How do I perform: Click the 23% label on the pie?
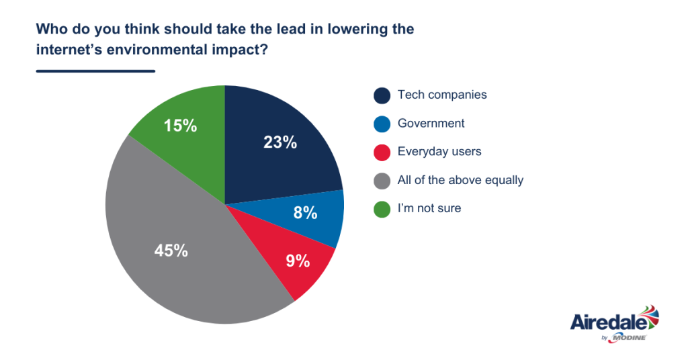click(280, 142)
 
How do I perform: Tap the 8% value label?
click(305, 213)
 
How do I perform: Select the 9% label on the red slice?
click(298, 261)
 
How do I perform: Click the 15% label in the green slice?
click(180, 125)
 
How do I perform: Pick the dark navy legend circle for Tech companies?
click(382, 95)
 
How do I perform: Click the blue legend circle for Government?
click(382, 124)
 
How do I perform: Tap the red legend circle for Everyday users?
click(382, 152)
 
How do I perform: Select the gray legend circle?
click(382, 181)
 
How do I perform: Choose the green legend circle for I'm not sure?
click(382, 209)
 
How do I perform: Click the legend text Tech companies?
click(442, 95)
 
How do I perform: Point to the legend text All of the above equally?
click(460, 180)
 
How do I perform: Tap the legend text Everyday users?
click(439, 152)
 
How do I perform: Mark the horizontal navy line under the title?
click(95, 71)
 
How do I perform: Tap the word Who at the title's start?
click(50, 30)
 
